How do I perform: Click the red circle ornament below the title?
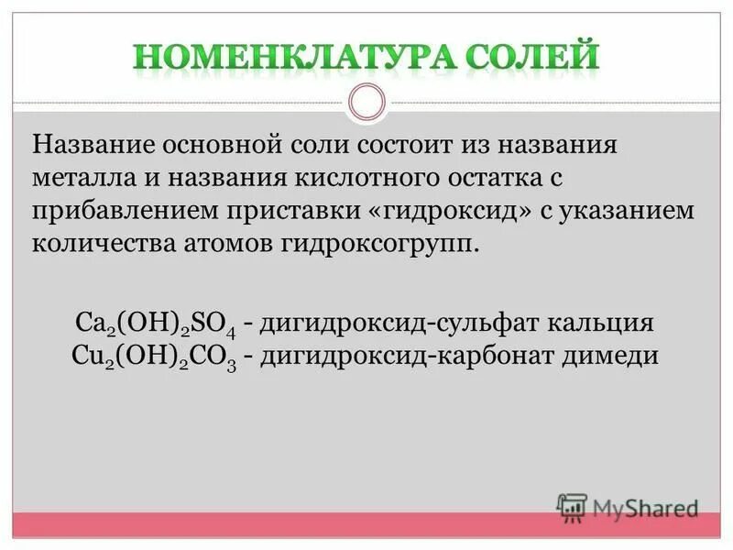pyautogui.click(x=366, y=102)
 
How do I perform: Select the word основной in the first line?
pyautogui.click(x=240, y=145)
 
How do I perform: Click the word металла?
pyautogui.click(x=75, y=178)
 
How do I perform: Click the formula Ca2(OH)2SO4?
pyautogui.click(x=160, y=324)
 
